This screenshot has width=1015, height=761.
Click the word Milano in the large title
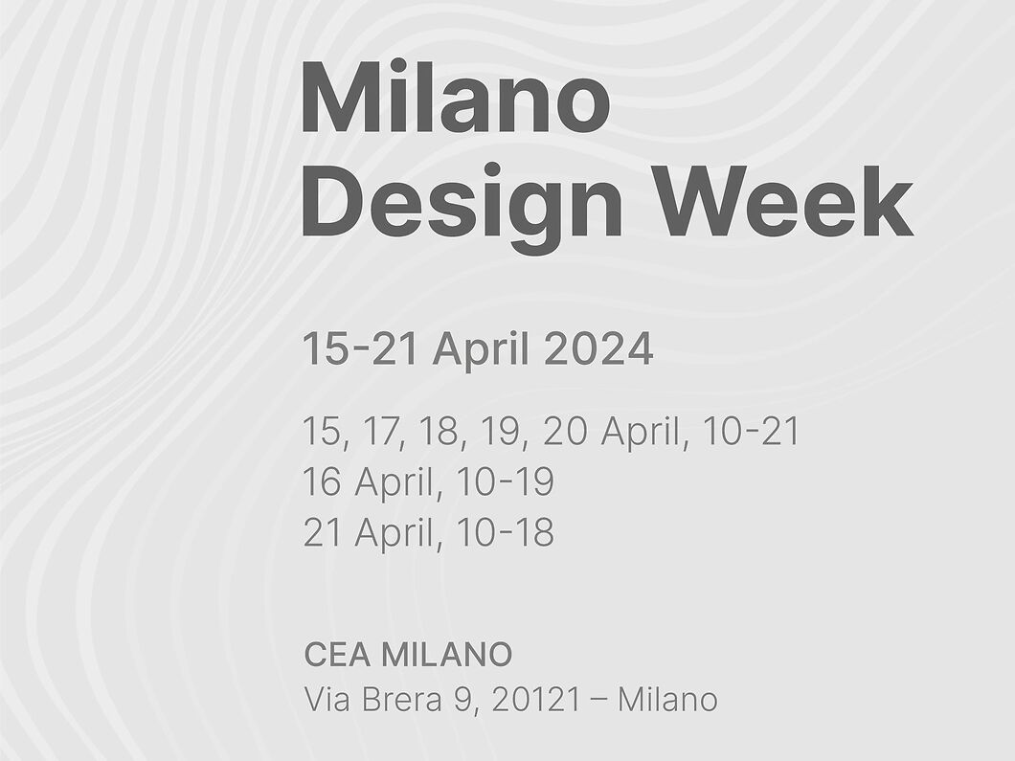[456, 97]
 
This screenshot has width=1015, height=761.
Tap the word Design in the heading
[462, 203]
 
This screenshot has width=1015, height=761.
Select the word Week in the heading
[782, 201]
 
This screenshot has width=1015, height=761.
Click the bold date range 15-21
[359, 348]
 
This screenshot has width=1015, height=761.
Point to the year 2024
[598, 348]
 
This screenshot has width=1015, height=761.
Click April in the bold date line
[480, 350]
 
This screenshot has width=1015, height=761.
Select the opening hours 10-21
[751, 432]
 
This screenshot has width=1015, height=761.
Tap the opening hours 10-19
[505, 482]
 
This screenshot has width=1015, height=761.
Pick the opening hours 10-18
[505, 532]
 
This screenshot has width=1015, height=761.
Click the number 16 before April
[322, 482]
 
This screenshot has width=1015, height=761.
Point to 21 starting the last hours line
[322, 532]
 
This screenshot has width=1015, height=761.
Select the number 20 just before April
[565, 432]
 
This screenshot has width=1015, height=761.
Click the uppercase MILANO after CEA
[446, 654]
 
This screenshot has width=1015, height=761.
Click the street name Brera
[401, 700]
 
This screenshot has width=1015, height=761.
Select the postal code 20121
[535, 700]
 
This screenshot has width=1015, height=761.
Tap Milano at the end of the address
[667, 700]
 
